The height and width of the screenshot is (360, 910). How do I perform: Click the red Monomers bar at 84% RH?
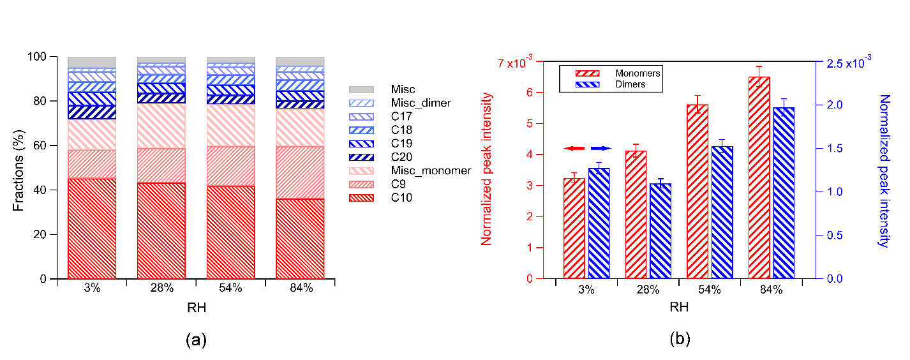[x=759, y=177]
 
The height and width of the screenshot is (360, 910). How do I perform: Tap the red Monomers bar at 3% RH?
[x=574, y=228]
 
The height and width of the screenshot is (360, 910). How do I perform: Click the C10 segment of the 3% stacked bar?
[x=91, y=229]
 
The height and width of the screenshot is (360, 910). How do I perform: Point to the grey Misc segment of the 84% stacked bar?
[x=299, y=61]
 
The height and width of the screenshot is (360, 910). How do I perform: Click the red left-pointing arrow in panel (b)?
[x=574, y=149]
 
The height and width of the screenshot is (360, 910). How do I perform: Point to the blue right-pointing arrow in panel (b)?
[x=601, y=149]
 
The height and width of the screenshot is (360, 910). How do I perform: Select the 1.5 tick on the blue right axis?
[x=832, y=148]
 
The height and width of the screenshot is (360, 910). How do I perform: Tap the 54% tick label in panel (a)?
[x=230, y=288]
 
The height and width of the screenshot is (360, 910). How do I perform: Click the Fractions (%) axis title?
[x=20, y=168]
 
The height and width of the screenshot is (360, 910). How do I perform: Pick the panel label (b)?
[x=680, y=339]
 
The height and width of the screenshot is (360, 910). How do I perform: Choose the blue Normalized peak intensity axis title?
[x=884, y=170]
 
